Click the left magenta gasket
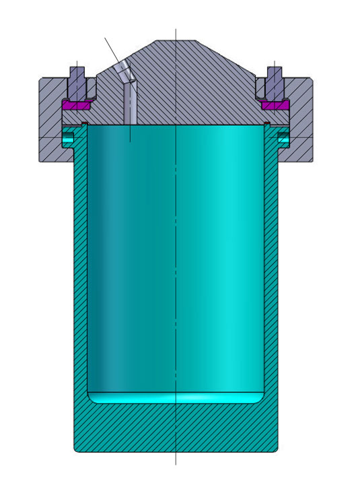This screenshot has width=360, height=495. (76, 105)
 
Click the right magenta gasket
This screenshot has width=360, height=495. (275, 105)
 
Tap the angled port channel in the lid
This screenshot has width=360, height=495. (129, 94)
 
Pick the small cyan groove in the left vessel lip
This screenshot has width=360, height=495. (68, 139)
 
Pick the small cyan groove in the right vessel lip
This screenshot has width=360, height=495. (284, 139)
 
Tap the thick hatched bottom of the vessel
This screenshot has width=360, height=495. (176, 428)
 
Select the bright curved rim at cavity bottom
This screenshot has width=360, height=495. (176, 398)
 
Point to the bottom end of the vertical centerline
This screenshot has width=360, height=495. (176, 464)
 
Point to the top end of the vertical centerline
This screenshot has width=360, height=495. (176, 30)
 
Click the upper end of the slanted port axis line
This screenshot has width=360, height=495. (105, 38)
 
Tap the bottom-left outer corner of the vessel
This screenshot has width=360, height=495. (75, 451)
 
